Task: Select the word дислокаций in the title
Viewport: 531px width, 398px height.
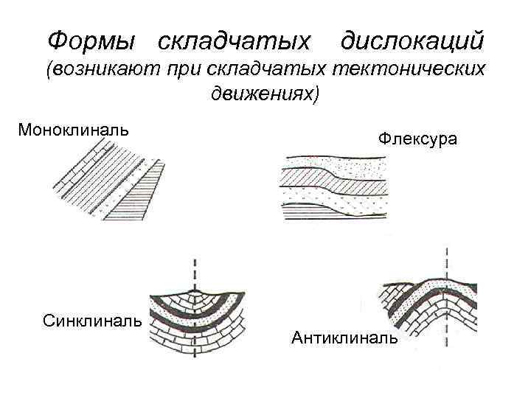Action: tap(412, 38)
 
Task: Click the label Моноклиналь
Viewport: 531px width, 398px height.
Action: tap(73, 130)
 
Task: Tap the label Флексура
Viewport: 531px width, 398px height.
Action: tap(417, 138)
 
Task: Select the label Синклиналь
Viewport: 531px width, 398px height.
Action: tap(93, 321)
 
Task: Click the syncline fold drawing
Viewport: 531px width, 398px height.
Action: tap(194, 321)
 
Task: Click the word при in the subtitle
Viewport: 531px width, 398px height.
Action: tap(184, 71)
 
